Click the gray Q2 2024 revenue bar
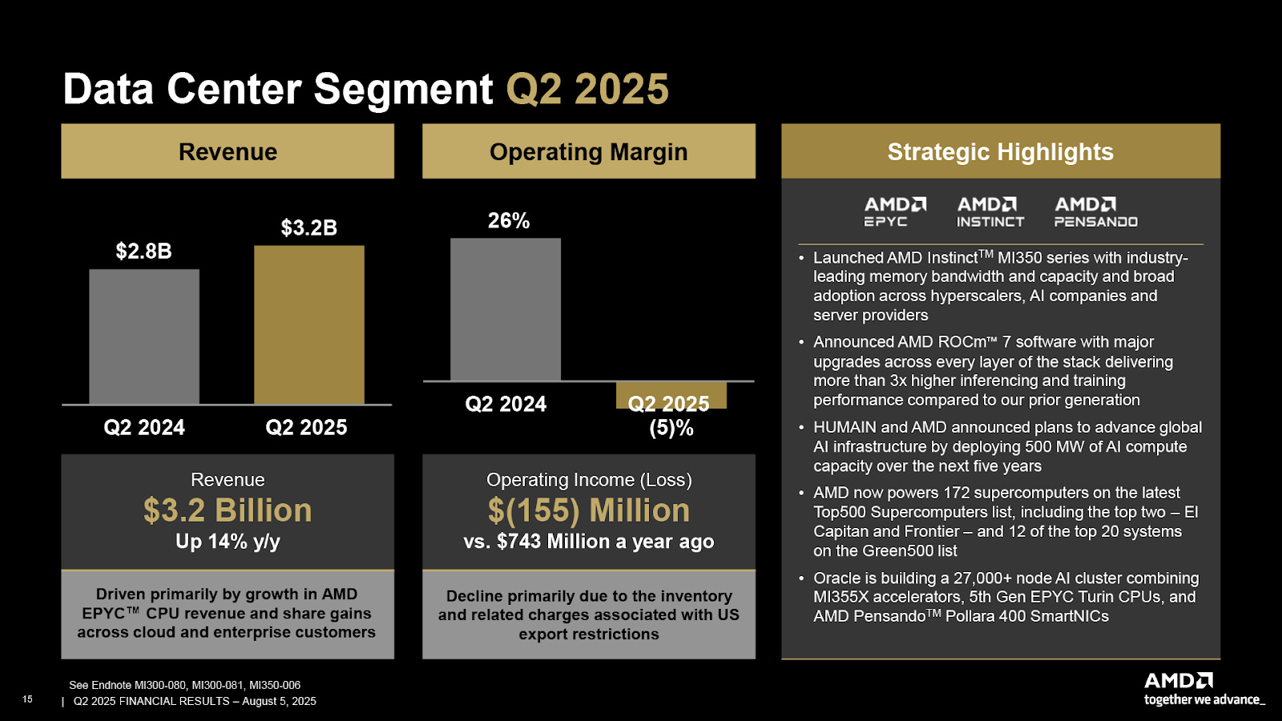[144, 336]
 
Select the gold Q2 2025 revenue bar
[309, 324]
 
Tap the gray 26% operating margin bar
[506, 309]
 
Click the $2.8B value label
[143, 251]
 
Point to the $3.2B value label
[308, 228]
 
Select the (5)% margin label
[671, 428]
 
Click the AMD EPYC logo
[895, 212]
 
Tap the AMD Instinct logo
[990, 212]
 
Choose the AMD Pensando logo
[1095, 212]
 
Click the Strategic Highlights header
[1000, 151]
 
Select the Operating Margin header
[588, 151]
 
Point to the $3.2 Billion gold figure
[228, 510]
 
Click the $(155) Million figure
[588, 510]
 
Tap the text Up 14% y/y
[228, 542]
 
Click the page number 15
[27, 699]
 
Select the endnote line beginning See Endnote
[184, 685]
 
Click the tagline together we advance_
[1204, 699]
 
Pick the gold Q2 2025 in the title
[587, 89]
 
